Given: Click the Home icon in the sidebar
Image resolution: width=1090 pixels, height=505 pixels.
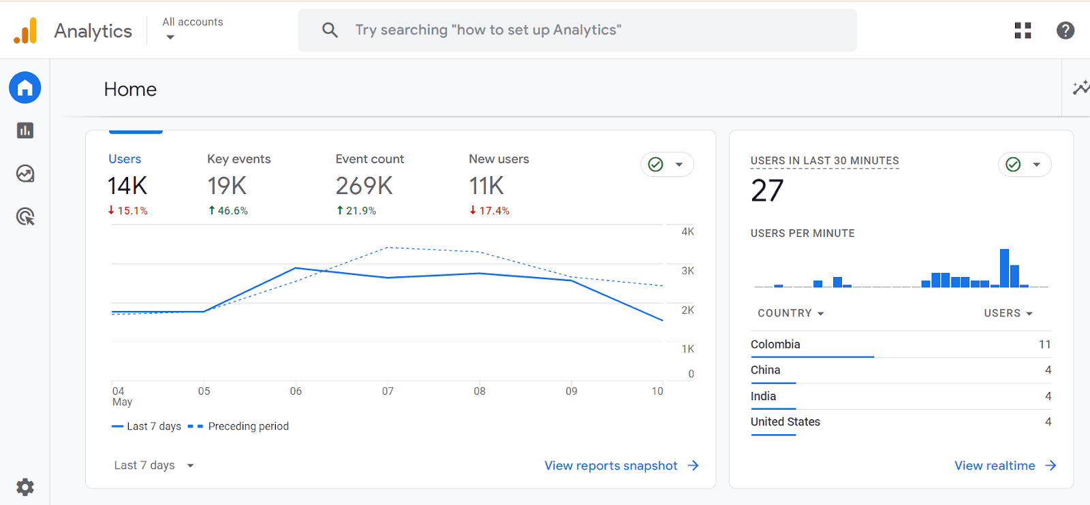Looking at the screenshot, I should tap(25, 88).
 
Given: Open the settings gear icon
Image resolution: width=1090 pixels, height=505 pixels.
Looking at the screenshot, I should tap(25, 487).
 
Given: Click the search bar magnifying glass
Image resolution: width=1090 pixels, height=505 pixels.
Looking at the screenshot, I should tap(330, 30).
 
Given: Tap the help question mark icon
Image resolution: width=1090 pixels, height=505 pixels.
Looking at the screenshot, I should tap(1065, 30).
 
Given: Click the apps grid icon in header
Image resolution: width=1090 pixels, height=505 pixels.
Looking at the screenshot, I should tap(1023, 30).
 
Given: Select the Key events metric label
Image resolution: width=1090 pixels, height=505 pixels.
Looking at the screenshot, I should tap(238, 159).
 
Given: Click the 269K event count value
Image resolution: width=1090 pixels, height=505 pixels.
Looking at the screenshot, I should tap(364, 186).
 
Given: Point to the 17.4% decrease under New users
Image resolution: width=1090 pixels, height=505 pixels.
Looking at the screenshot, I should tap(490, 211).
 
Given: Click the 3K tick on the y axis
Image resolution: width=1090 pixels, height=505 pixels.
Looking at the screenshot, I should tap(687, 271).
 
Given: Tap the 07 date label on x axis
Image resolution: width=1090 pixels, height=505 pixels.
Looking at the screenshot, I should tap(388, 391).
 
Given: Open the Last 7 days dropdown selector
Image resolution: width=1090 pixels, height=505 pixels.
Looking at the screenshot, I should tap(154, 466).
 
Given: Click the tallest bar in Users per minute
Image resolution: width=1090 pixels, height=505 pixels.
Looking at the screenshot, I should tap(1004, 268).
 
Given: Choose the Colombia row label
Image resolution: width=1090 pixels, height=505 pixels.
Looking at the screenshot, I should tap(775, 344).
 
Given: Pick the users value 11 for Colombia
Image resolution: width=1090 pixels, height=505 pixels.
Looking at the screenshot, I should tap(1044, 344).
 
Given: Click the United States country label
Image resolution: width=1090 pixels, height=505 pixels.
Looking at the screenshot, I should tap(785, 422).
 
